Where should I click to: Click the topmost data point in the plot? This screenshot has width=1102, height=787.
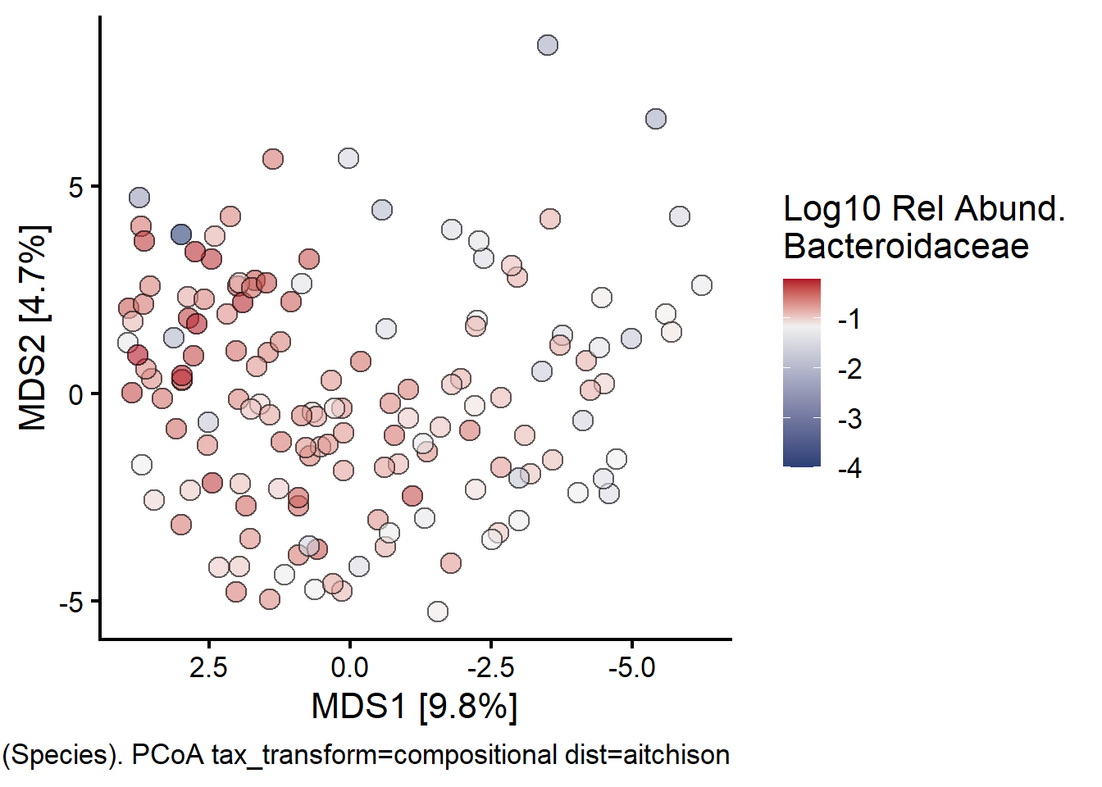[x=548, y=45]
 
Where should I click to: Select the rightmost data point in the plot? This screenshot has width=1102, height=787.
[x=702, y=285]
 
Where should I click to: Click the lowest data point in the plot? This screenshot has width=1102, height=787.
[x=438, y=612]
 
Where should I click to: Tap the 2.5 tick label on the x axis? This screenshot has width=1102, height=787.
[x=208, y=667]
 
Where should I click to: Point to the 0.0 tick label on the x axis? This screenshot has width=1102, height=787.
[x=349, y=667]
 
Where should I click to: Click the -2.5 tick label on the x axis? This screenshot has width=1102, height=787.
[x=490, y=667]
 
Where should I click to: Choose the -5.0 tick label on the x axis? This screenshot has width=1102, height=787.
[x=631, y=667]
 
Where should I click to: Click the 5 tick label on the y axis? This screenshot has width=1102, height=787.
[x=76, y=187]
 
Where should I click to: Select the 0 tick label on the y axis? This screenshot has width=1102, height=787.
[x=76, y=394]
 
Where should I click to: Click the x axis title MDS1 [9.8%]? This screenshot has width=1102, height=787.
[x=414, y=706]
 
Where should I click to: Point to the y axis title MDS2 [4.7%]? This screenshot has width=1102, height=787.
[x=34, y=327]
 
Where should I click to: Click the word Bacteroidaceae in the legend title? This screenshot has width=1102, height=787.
[x=906, y=246]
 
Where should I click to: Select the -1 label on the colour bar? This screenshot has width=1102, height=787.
[x=849, y=319]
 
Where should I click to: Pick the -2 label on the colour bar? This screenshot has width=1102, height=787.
[x=849, y=369]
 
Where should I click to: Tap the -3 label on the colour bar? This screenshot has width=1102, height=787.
[x=849, y=419]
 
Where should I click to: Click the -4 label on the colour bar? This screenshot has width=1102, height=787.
[x=849, y=468]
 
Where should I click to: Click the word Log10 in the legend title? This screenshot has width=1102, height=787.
[x=831, y=209]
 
